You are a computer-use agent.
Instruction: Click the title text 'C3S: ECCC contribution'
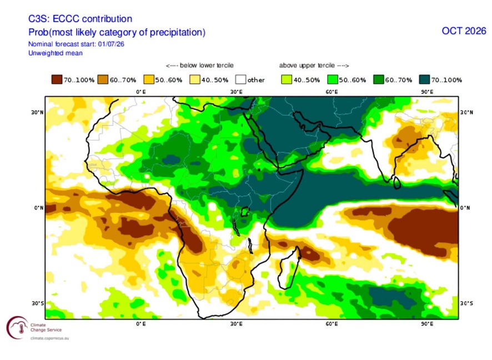[80, 19]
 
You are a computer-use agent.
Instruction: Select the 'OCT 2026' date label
[464, 31]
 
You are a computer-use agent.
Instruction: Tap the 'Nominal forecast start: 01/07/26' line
[76, 44]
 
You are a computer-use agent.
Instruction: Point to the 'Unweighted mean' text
[56, 53]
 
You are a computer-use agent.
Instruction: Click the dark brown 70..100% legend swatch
[57, 79]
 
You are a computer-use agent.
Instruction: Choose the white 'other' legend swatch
[240, 79]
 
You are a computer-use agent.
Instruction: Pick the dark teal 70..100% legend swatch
[425, 79]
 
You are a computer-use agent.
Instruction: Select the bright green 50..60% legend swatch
[333, 79]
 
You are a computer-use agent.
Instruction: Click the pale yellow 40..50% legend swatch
[195, 79]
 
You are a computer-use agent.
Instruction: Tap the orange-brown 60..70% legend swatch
[103, 79]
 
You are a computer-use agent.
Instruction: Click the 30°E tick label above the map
[236, 92]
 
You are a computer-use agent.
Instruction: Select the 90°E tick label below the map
[427, 323]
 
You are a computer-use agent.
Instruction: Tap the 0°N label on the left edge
[39, 208]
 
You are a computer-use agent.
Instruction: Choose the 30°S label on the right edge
[466, 303]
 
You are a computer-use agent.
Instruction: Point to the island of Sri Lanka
[397, 183]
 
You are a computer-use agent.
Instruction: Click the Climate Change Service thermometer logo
[18, 328]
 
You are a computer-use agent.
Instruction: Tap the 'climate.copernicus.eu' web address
[49, 338]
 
